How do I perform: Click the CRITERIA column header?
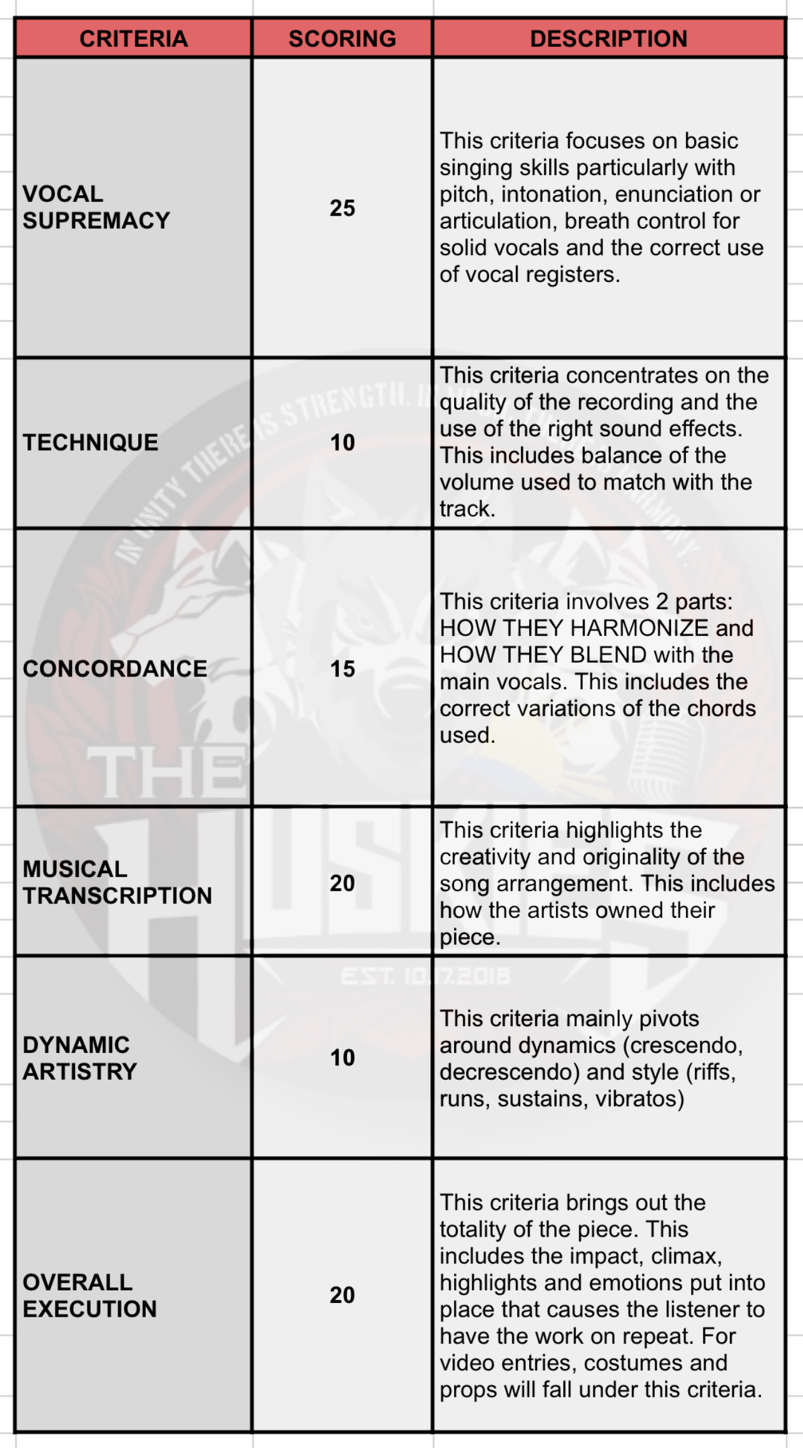(133, 39)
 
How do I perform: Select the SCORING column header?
(342, 39)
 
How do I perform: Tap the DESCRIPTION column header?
(609, 39)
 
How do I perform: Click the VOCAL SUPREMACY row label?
(96, 207)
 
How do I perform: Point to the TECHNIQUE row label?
(91, 443)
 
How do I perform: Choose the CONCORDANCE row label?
(115, 669)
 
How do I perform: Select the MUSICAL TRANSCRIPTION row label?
(117, 882)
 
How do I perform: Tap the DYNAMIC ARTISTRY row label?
(79, 1058)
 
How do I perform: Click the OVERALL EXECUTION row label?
(89, 1295)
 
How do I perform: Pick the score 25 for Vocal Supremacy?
(342, 208)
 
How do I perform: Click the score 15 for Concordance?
(342, 669)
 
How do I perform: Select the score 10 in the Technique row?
(342, 443)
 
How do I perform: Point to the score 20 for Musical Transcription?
(342, 883)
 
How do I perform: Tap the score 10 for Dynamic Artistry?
(342, 1058)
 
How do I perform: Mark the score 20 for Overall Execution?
(342, 1295)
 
